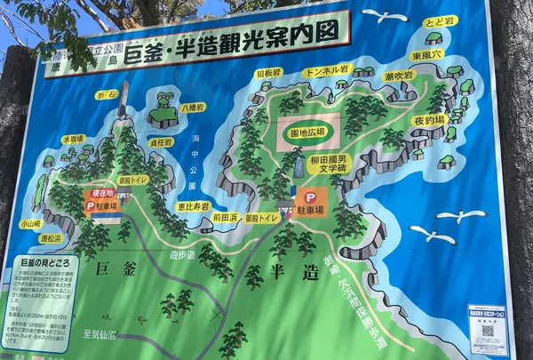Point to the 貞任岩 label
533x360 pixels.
161,141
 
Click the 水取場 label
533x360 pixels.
73,139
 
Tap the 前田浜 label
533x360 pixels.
225,216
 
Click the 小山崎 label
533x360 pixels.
30,225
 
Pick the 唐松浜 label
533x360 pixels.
50,238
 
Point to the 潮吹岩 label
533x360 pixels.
398,76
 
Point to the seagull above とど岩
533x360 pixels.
384,16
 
